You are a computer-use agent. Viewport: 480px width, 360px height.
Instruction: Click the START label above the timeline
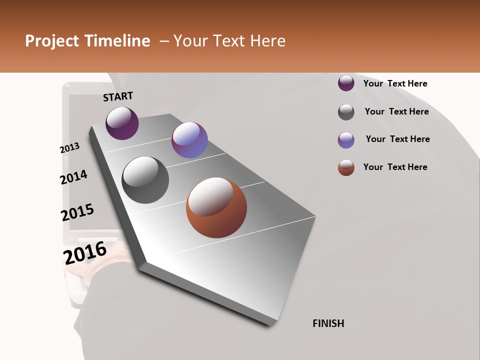click(118, 96)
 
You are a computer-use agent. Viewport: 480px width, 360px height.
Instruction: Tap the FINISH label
click(328, 323)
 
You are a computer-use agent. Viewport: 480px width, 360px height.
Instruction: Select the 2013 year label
click(69, 148)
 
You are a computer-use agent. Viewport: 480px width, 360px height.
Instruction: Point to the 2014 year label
click(73, 177)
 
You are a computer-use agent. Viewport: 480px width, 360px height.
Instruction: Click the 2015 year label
click(77, 212)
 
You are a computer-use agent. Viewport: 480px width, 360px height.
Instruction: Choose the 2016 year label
click(85, 252)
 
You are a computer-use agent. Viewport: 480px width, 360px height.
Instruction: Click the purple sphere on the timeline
click(122, 123)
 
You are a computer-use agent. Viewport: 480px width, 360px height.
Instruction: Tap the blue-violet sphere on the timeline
click(189, 140)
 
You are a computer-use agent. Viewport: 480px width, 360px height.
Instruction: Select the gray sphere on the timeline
click(145, 180)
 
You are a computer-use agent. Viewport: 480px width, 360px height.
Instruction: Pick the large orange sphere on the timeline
click(216, 207)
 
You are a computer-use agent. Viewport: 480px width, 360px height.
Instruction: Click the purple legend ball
click(346, 83)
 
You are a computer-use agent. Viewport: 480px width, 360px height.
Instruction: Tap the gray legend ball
click(346, 112)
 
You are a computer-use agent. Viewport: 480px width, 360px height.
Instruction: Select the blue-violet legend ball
click(346, 140)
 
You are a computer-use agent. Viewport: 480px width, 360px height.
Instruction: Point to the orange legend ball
click(346, 167)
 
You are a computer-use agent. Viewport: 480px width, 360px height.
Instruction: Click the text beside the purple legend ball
click(395, 83)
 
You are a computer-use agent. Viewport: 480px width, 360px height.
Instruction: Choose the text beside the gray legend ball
click(396, 111)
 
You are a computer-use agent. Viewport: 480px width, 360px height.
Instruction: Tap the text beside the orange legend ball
click(395, 167)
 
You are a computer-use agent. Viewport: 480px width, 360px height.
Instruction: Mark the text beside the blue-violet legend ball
click(397, 139)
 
